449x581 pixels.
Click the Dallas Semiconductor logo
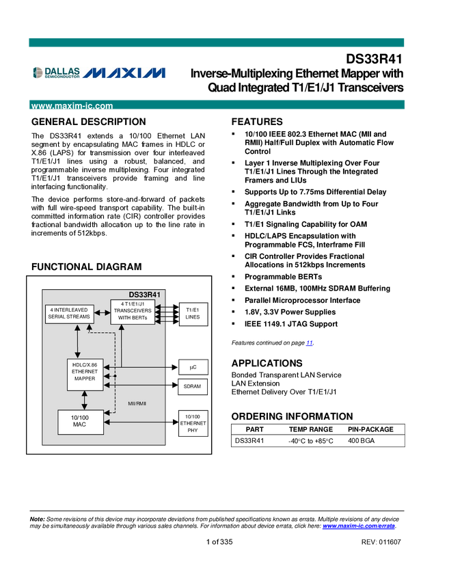coord(56,72)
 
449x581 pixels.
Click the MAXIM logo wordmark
coord(127,72)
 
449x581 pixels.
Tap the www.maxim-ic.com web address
coord(72,107)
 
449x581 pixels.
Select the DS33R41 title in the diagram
coord(144,295)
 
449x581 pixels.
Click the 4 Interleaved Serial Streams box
coord(69,314)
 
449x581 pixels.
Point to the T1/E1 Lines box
coord(193,314)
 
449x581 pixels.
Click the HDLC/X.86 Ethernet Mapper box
coord(85,374)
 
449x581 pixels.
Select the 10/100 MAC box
coord(80,420)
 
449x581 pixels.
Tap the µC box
coord(193,367)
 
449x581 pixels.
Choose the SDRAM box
coord(193,387)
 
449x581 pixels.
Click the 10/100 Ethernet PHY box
coord(193,424)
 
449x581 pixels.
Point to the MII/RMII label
coord(137,404)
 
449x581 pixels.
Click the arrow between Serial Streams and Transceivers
coord(102,313)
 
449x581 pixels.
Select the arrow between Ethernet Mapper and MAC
coord(84,400)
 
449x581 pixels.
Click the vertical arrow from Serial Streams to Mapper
coord(77,342)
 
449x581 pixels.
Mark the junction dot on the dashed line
coord(115,376)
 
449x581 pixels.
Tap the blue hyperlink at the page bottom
coord(358,526)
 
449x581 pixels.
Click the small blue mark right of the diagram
coord(310,342)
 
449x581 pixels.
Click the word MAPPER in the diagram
coord(85,379)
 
